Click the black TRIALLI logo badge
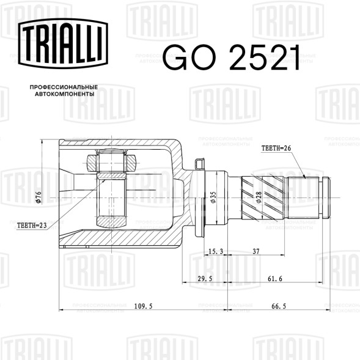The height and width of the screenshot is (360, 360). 63,43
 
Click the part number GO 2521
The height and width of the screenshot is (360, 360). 232,57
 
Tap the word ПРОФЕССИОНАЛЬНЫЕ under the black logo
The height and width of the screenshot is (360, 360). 64,87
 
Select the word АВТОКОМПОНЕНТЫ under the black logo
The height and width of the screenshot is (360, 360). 65,94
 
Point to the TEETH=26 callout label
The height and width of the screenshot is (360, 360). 276,149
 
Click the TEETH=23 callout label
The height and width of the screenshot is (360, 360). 32,226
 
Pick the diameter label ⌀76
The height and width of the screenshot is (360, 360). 39,197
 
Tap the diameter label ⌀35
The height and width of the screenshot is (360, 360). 213,197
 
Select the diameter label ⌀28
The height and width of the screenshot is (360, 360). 259,197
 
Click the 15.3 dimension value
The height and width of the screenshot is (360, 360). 216,251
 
